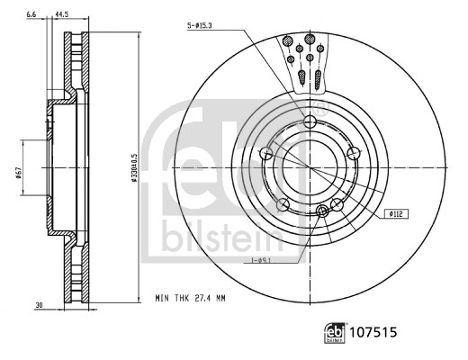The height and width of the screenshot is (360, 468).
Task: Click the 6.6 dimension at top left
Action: tap(32, 15)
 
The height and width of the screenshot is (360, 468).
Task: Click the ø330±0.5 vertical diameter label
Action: tap(133, 167)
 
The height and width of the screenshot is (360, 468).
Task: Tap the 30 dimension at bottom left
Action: tap(40, 306)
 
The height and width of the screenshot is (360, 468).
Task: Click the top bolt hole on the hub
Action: tap(310, 122)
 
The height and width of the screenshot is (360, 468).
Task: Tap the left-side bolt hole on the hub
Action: tap(265, 154)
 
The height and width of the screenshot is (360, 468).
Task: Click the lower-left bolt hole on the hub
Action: tap(283, 204)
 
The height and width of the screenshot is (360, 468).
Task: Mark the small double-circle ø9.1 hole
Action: tap(323, 211)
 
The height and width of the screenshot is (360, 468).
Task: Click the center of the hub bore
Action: tap(310, 167)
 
